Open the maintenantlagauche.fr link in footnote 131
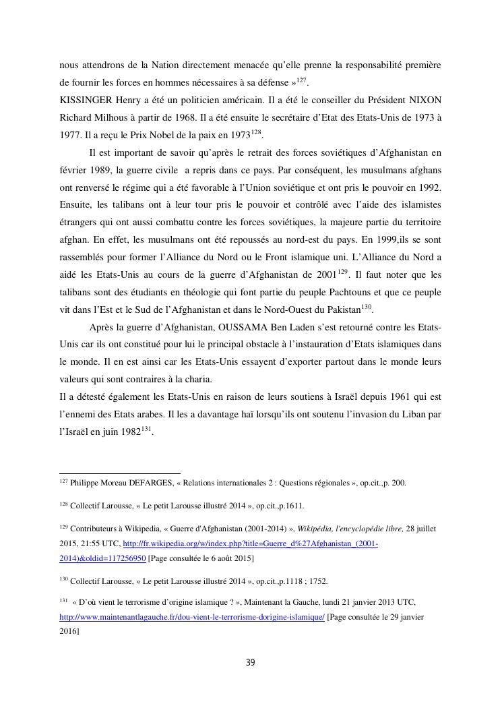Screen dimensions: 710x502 (x=192, y=617)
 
